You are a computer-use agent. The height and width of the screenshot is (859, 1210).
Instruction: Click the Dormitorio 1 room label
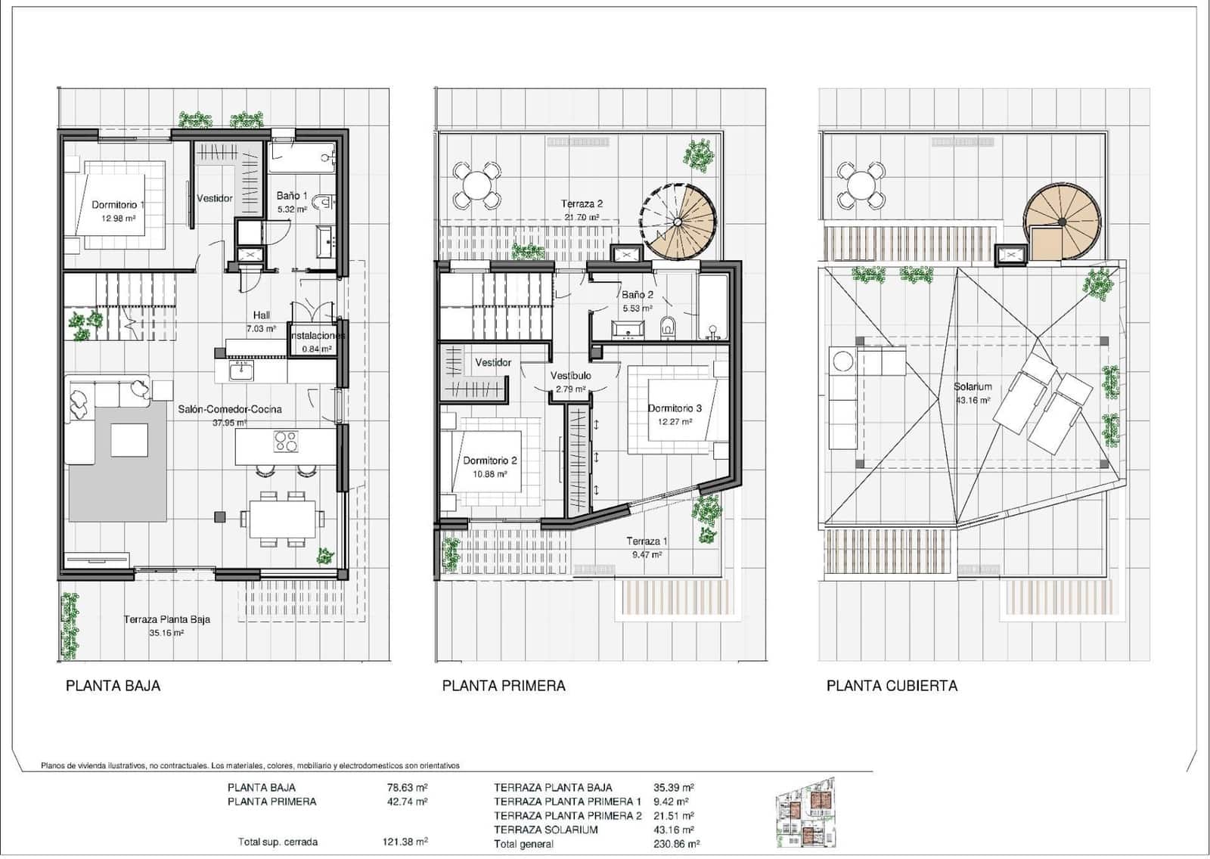[x=116, y=205]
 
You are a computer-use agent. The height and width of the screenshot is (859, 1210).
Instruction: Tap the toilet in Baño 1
[x=324, y=201]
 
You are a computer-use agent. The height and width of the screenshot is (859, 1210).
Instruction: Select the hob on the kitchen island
[x=286, y=442]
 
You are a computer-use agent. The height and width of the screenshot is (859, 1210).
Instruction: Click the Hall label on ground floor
[x=261, y=315]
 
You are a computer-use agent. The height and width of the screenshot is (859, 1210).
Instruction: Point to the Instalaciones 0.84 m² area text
[x=317, y=349]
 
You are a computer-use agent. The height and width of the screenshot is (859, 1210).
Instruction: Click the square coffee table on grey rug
[x=129, y=440]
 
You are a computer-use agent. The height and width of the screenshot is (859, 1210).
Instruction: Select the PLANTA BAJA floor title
[x=113, y=686]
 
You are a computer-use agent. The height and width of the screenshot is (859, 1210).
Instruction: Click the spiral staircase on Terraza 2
[x=678, y=222]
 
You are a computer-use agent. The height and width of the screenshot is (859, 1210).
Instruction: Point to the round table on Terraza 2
[x=476, y=185]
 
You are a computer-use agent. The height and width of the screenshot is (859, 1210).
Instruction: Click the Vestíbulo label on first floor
[x=570, y=376]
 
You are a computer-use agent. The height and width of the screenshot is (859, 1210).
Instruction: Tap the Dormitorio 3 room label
[x=675, y=408]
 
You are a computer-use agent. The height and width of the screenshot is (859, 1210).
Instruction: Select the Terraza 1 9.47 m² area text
[x=647, y=554]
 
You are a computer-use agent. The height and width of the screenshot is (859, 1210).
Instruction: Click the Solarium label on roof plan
[x=973, y=386]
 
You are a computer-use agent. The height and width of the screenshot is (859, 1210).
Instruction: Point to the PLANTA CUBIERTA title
[x=892, y=686]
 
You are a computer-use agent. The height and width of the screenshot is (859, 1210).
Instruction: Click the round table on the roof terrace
[x=861, y=185]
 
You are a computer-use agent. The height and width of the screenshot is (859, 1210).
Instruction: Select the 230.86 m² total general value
[x=677, y=844]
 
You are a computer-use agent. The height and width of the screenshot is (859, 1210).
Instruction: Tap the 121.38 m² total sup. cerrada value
[x=405, y=842]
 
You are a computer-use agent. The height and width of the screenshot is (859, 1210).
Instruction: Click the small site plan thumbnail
[x=806, y=814]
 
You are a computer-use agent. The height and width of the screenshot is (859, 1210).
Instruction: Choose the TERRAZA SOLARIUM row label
[x=545, y=830]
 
